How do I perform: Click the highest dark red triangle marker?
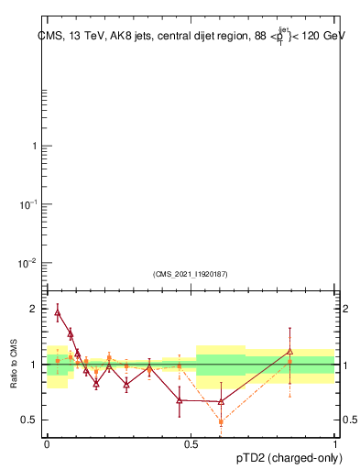[x=58, y=312]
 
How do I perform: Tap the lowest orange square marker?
[x=221, y=422]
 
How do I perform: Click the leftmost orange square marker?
[x=58, y=361]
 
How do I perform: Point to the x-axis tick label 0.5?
[x=191, y=445]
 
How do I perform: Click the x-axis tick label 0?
[x=47, y=445]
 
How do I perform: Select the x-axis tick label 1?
[x=335, y=445]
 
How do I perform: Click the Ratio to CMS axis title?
[x=15, y=364]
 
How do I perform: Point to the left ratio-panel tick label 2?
[x=33, y=310]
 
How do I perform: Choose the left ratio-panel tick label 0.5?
[x=29, y=420]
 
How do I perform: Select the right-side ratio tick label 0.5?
[x=350, y=420]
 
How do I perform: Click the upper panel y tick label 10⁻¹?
[x=27, y=204]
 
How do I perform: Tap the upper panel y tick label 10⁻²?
[x=27, y=264]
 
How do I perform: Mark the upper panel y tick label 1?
[x=33, y=147]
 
